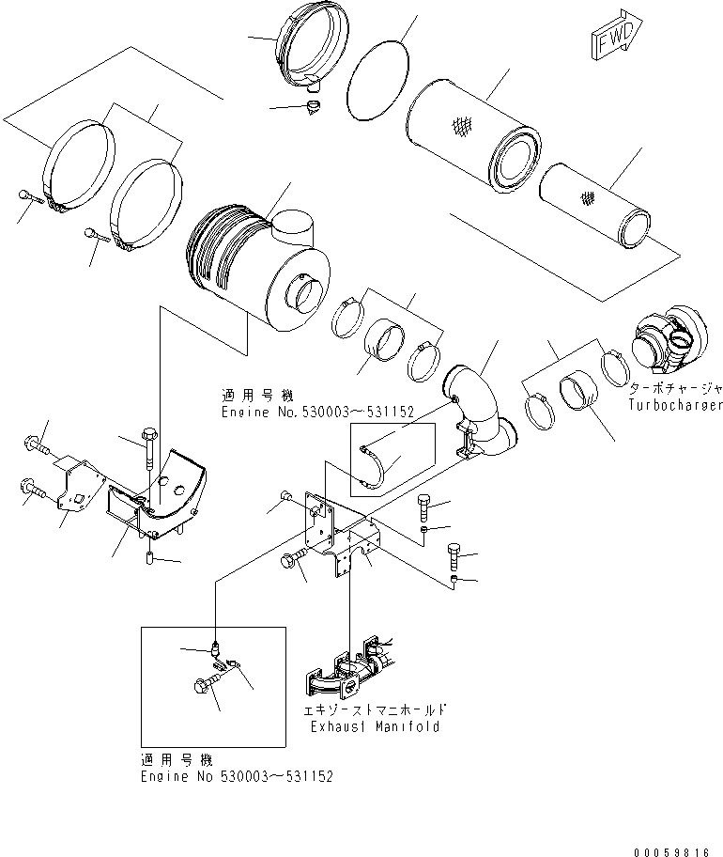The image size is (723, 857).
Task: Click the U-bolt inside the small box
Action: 376,467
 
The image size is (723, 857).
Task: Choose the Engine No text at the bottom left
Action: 235,776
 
